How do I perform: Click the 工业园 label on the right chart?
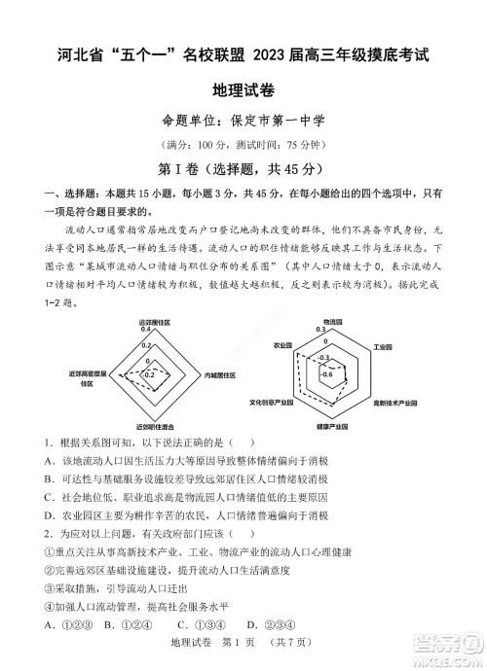382,345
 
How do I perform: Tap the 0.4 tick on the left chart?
146,330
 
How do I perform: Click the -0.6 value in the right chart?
327,374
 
